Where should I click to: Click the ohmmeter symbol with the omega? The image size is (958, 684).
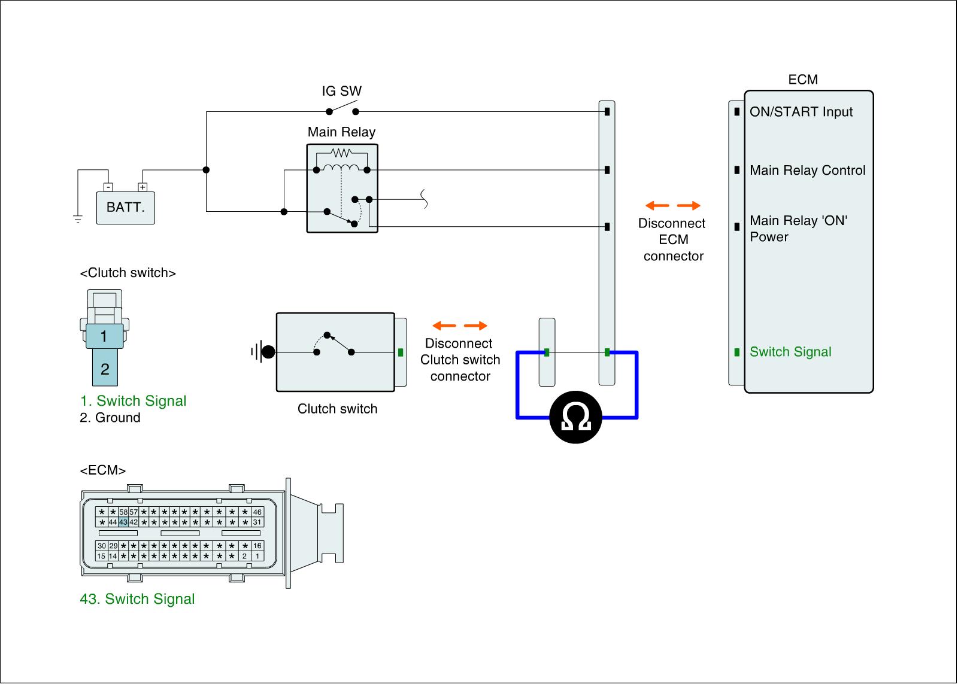[x=575, y=418]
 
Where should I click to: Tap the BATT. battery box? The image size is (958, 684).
[x=126, y=208]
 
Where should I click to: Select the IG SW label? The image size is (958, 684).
[x=341, y=91]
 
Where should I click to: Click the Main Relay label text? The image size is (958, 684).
[x=341, y=132]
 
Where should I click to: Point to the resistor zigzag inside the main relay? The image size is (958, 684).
[x=341, y=153]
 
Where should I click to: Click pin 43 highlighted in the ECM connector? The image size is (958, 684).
[x=123, y=522]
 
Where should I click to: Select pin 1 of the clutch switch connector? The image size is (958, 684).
[x=104, y=336]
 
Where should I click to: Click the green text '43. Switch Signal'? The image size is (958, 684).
[x=137, y=599]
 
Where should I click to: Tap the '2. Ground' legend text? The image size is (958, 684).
[x=110, y=418]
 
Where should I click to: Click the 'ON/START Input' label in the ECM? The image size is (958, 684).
[x=801, y=112]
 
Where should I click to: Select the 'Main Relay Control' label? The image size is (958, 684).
[x=807, y=171]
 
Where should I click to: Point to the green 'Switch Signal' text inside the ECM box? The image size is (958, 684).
[x=790, y=352]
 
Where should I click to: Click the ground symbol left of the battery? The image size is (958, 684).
[x=78, y=218]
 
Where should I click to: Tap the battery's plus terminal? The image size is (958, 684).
[x=143, y=187]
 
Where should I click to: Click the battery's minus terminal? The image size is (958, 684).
[x=108, y=187]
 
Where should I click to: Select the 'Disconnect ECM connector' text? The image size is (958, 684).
[x=673, y=239]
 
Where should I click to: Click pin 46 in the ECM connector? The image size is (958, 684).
[x=257, y=512]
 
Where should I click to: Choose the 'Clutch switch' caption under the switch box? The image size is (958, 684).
[x=337, y=409]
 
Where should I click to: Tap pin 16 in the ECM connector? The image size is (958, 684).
[x=257, y=546]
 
